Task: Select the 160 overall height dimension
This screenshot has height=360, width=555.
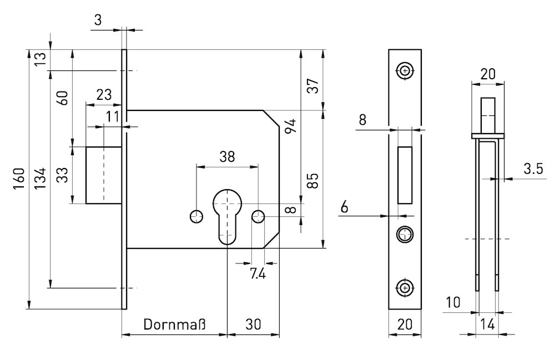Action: tap(18, 178)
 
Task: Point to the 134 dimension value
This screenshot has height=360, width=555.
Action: tap(39, 178)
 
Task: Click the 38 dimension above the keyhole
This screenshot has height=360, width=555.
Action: tap(227, 156)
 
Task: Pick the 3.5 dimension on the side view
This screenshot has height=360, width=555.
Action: tap(532, 169)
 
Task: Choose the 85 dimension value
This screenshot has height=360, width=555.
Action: tap(312, 180)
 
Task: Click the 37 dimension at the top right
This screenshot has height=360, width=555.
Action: tap(313, 86)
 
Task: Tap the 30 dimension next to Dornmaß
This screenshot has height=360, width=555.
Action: tap(253, 324)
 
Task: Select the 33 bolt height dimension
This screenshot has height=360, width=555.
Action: tap(63, 176)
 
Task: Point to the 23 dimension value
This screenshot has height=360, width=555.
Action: tap(103, 94)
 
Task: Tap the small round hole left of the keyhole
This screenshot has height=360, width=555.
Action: tap(196, 216)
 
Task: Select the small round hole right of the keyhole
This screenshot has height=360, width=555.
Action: tap(258, 216)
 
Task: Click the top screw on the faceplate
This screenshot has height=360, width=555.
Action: tap(405, 70)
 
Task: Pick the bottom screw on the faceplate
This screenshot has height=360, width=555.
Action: tap(405, 287)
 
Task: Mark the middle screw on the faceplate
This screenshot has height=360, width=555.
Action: tap(405, 234)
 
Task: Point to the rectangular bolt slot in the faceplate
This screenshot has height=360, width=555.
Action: tap(406, 174)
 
